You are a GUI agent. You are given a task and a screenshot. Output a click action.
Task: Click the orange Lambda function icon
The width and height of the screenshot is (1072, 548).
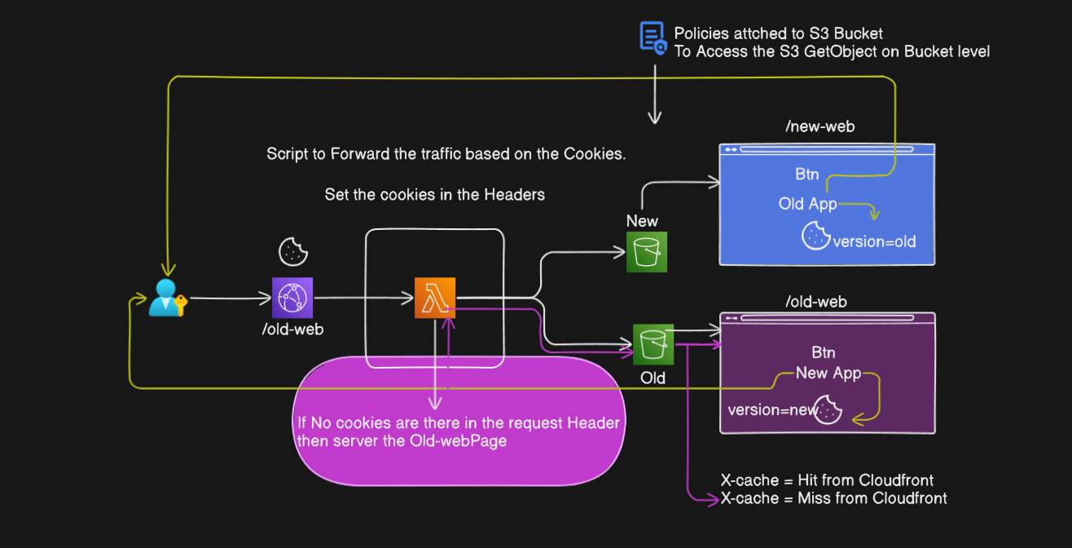(435, 298)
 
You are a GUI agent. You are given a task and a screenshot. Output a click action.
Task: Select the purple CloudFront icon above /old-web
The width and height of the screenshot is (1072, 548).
(292, 298)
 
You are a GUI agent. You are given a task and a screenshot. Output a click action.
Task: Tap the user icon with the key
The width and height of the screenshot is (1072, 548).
(167, 298)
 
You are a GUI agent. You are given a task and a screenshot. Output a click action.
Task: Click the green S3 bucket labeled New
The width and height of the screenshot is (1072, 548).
(647, 252)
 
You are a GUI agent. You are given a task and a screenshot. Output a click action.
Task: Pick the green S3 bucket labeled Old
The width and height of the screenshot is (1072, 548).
(653, 344)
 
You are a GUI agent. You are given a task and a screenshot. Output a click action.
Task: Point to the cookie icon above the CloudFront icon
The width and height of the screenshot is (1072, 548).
(292, 252)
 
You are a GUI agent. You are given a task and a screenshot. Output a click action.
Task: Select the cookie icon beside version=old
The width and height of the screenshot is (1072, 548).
(816, 236)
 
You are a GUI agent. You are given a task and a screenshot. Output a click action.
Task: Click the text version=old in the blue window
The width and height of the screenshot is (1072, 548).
(874, 241)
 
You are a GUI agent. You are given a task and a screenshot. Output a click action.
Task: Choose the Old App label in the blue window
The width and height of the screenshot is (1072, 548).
(807, 204)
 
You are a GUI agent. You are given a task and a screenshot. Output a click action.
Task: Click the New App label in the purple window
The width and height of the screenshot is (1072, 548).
(828, 373)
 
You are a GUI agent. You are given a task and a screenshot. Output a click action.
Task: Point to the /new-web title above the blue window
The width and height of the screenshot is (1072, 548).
(819, 126)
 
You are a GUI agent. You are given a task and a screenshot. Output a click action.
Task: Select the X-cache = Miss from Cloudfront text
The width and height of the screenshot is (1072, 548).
(833, 498)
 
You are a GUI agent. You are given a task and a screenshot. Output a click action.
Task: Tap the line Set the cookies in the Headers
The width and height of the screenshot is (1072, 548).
(434, 194)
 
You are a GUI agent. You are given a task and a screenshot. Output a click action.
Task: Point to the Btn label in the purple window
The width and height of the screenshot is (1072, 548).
(824, 353)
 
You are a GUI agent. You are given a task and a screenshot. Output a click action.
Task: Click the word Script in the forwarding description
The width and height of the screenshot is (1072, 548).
(287, 154)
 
